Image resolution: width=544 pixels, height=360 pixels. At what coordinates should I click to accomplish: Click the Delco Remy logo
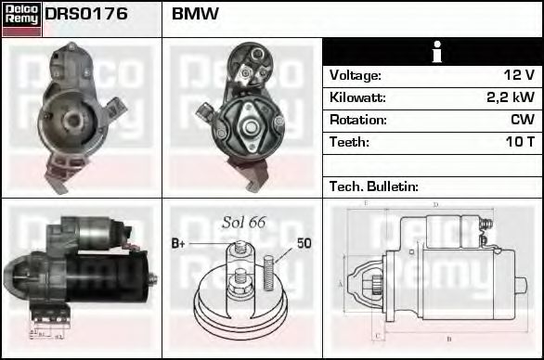pyautogui.click(x=21, y=19)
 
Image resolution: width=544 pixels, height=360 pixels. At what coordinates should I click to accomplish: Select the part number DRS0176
pyautogui.click(x=86, y=15)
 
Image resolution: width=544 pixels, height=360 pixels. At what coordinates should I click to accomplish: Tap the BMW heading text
pyautogui.click(x=195, y=15)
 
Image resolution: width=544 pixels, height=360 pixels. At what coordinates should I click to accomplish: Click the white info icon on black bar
pyautogui.click(x=433, y=52)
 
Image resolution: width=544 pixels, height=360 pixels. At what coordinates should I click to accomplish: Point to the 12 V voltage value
pyautogui.click(x=517, y=75)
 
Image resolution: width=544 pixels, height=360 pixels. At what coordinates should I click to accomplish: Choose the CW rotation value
pyautogui.click(x=522, y=120)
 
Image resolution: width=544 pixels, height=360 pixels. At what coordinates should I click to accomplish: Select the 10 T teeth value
pyautogui.click(x=518, y=142)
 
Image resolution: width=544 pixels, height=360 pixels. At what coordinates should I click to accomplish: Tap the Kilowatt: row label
pyautogui.click(x=357, y=97)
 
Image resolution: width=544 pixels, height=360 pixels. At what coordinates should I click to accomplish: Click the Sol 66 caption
pyautogui.click(x=243, y=223)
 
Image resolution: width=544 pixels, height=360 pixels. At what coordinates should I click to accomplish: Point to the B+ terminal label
pyautogui.click(x=178, y=244)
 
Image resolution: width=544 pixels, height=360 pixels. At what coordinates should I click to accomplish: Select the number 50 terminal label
pyautogui.click(x=304, y=244)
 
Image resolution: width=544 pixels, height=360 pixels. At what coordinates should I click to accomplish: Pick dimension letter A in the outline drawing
pyautogui.click(x=341, y=282)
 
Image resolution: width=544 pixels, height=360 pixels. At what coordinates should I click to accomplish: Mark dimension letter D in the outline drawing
pyautogui.click(x=435, y=204)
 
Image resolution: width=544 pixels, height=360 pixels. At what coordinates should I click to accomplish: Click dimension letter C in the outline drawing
pyautogui.click(x=374, y=334)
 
